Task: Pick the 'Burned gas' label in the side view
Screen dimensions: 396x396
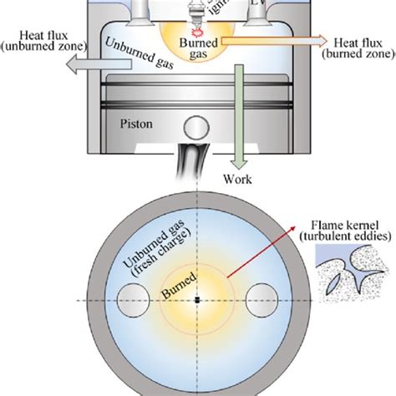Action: (201, 43)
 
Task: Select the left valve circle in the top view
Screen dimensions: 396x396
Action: (135, 300)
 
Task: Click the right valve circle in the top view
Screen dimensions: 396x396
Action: (261, 300)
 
